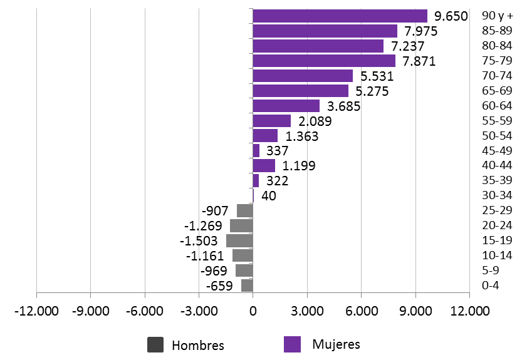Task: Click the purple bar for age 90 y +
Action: (x=340, y=16)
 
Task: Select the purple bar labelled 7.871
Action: (x=324, y=61)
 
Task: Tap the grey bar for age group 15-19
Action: (x=239, y=240)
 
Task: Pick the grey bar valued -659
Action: (x=247, y=285)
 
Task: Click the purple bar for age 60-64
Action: (x=286, y=106)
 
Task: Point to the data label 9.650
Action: (x=451, y=16)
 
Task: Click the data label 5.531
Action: (x=378, y=76)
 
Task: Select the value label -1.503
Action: (x=199, y=241)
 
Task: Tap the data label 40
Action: (x=268, y=196)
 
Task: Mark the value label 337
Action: (x=277, y=151)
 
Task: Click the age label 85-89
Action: (x=496, y=31)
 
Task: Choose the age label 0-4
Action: (x=490, y=285)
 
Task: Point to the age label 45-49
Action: (x=496, y=151)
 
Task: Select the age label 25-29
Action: (x=496, y=210)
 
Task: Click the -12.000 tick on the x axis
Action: (x=36, y=311)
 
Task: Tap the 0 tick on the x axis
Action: (x=253, y=311)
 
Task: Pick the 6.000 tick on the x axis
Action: (x=362, y=311)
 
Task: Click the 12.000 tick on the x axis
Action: (x=469, y=311)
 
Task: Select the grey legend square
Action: (x=155, y=344)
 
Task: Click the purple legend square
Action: (x=292, y=344)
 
